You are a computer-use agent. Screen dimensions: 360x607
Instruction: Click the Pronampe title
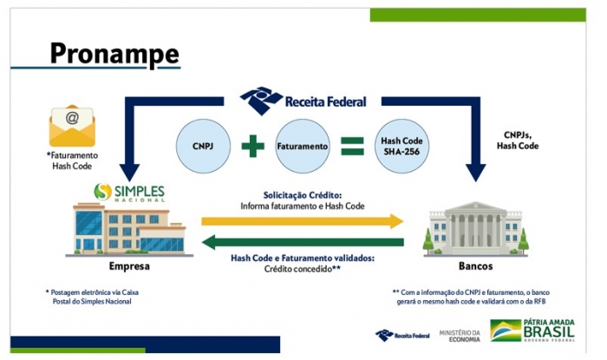click(x=114, y=53)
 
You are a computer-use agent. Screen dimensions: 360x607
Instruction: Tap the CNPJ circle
click(x=203, y=147)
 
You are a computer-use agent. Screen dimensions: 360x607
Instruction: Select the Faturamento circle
click(x=303, y=147)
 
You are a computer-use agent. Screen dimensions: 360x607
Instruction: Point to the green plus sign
click(x=252, y=147)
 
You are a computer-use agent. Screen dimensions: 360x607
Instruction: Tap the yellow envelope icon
click(x=71, y=126)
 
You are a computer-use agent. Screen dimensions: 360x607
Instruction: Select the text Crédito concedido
click(x=303, y=269)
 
